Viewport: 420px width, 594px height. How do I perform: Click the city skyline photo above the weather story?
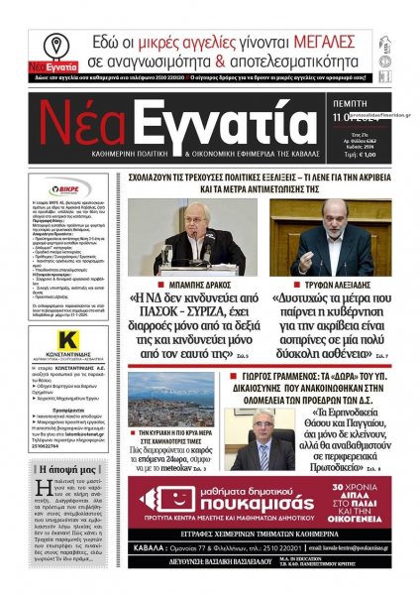pyautogui.click(x=173, y=402)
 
